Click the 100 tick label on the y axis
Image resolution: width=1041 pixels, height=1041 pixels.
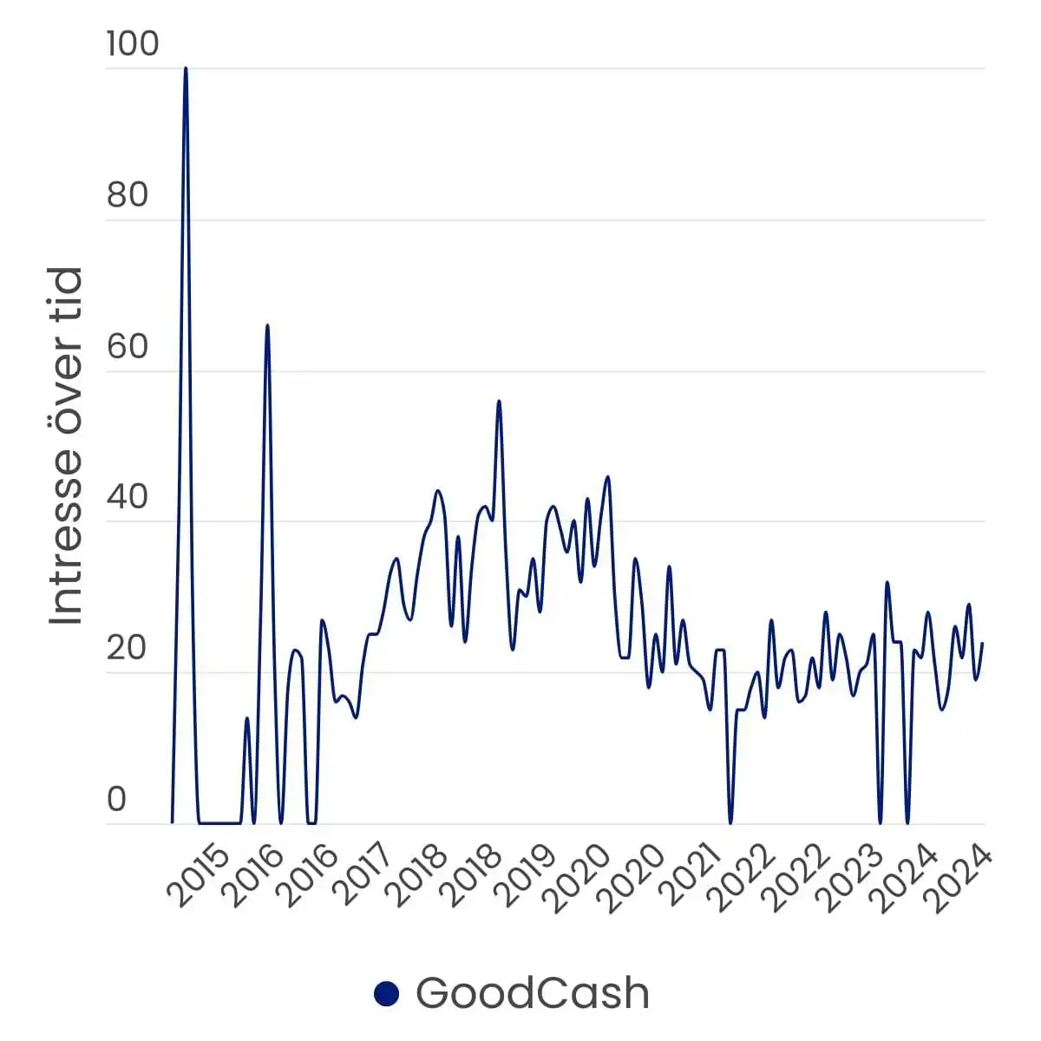pyautogui.click(x=133, y=43)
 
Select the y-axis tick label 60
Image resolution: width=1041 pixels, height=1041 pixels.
pyautogui.click(x=128, y=346)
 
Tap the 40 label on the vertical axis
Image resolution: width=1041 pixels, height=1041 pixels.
pyautogui.click(x=128, y=498)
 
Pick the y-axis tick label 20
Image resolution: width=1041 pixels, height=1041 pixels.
pyautogui.click(x=128, y=649)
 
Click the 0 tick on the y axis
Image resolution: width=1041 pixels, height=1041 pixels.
pyautogui.click(x=116, y=800)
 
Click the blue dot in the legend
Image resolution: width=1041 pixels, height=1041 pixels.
pyautogui.click(x=386, y=994)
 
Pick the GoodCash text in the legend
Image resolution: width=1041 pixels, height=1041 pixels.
pyautogui.click(x=532, y=993)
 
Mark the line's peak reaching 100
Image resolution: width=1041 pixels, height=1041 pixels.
pyautogui.click(x=186, y=69)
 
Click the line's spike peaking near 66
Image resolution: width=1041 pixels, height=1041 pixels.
pyautogui.click(x=267, y=326)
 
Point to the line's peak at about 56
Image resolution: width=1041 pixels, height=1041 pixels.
pyautogui.click(x=499, y=402)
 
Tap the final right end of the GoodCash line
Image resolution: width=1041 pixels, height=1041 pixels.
pyautogui.click(x=982, y=644)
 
